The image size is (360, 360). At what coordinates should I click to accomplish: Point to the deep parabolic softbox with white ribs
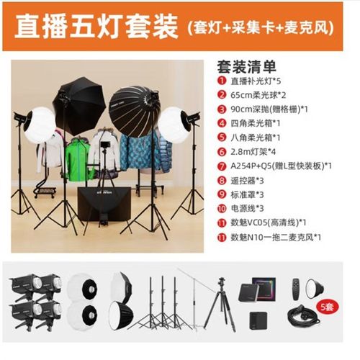[127, 92]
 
